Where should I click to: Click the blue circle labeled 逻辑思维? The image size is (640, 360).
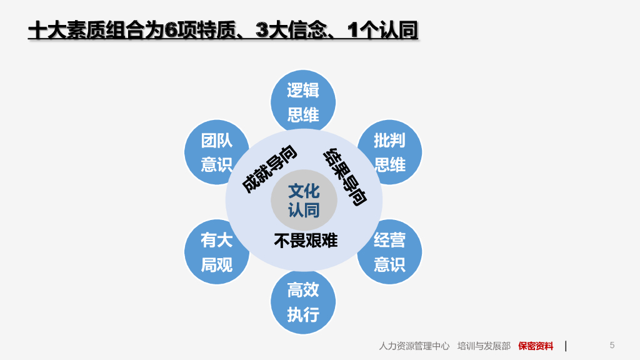click(303, 102)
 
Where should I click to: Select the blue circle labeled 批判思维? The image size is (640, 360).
click(389, 152)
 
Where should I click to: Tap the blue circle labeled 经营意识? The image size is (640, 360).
click(389, 252)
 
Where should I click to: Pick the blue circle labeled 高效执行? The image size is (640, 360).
click(303, 302)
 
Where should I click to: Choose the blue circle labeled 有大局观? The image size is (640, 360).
click(216, 252)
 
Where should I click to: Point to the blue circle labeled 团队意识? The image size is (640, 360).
click(216, 152)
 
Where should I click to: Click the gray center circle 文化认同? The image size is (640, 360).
click(304, 200)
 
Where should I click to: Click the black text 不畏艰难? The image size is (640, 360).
click(306, 240)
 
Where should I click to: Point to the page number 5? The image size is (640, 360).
click(612, 345)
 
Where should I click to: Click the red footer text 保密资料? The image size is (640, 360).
click(536, 346)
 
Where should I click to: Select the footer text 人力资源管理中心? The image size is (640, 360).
click(414, 346)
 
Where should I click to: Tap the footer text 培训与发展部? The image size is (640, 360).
click(484, 346)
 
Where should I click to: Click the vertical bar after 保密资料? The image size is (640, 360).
click(566, 346)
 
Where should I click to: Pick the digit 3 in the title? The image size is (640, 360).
click(263, 30)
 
